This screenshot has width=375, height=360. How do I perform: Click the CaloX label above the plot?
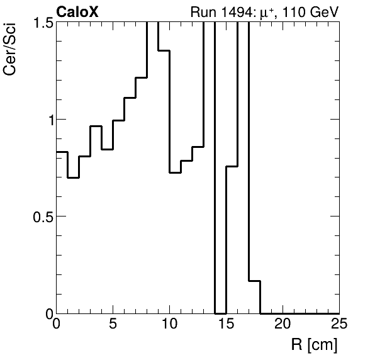pyautogui.click(x=77, y=12)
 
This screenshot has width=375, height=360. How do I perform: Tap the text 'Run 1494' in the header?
pyautogui.click(x=218, y=12)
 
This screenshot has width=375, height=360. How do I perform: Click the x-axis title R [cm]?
pyautogui.click(x=314, y=345)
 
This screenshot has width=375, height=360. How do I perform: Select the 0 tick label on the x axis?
pyautogui.click(x=57, y=325)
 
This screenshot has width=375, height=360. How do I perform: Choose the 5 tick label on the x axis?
pyautogui.click(x=113, y=325)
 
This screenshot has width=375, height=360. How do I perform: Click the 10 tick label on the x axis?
pyautogui.click(x=170, y=325)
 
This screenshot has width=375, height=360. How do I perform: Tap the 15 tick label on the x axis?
pyautogui.click(x=227, y=325)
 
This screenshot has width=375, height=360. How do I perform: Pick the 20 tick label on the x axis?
pyautogui.click(x=283, y=325)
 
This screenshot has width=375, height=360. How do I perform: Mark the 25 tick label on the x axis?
pyautogui.click(x=339, y=325)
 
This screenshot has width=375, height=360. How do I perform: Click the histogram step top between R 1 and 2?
pyautogui.click(x=74, y=177)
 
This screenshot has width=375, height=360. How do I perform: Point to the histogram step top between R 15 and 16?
pyautogui.click(x=232, y=166)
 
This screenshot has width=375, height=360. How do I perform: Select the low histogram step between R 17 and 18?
pyautogui.click(x=255, y=281)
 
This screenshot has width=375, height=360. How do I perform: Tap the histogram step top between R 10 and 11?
pyautogui.click(x=176, y=172)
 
